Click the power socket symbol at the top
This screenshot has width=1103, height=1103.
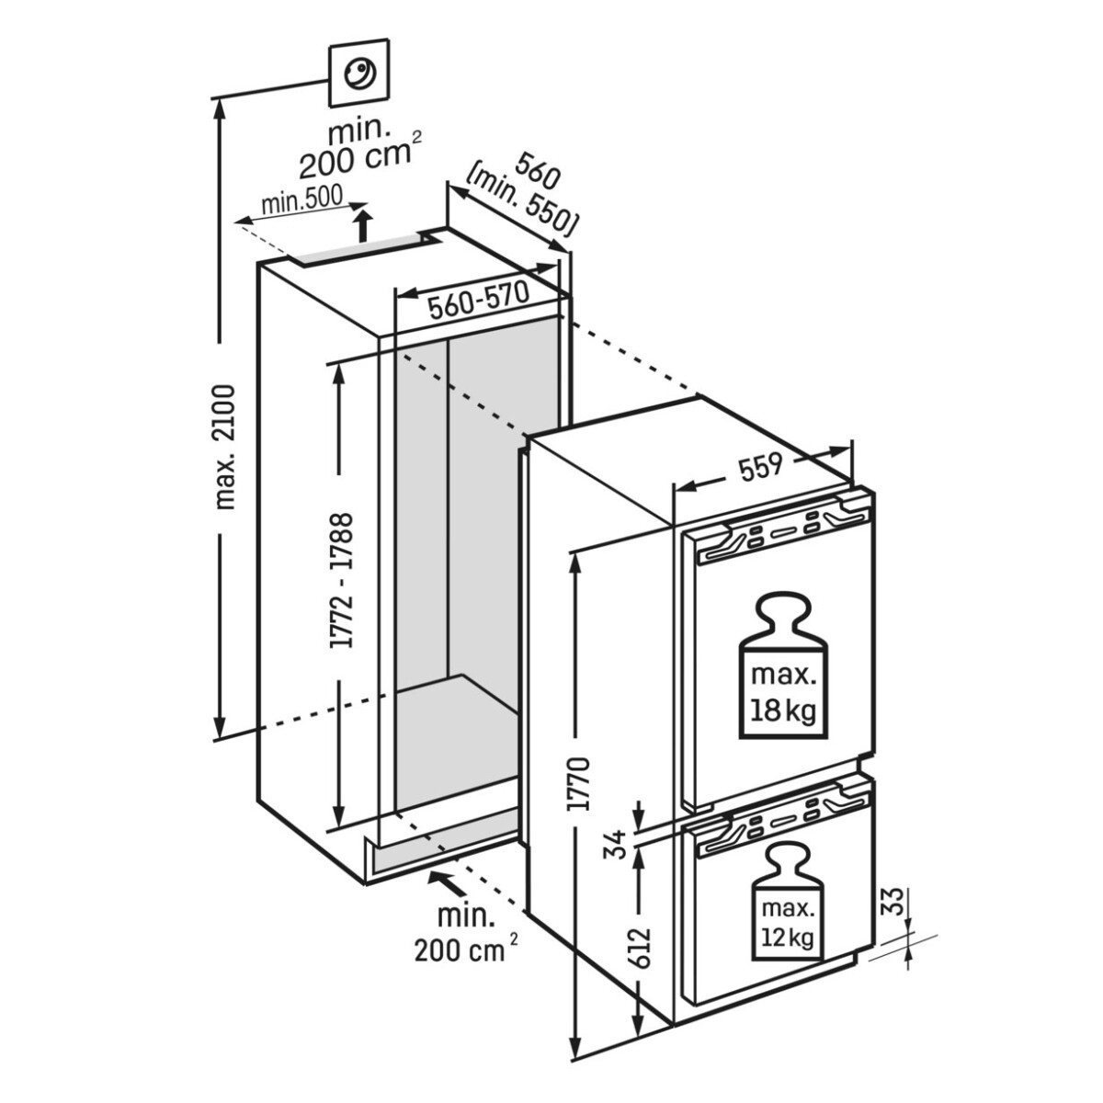click(358, 73)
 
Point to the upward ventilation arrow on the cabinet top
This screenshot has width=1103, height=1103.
click(364, 224)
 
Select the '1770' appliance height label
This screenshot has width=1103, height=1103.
click(579, 784)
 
